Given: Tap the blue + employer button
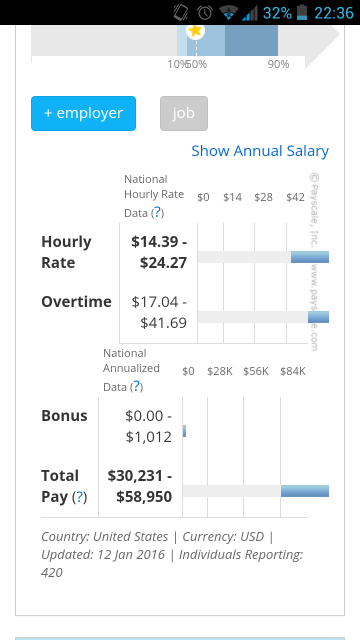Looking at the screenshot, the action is (x=83, y=113).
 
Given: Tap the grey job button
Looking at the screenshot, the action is (x=183, y=113).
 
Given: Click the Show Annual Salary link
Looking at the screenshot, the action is (x=260, y=151).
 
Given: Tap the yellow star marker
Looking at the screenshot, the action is (x=195, y=30).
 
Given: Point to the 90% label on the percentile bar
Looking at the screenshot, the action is (x=278, y=64).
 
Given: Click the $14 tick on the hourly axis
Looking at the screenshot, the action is (x=232, y=197).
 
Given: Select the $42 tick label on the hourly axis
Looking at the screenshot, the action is (x=295, y=197).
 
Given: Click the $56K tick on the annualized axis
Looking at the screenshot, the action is (x=255, y=371).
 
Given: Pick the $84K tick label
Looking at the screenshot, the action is (x=293, y=371).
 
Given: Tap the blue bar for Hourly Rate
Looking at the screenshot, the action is (x=310, y=257).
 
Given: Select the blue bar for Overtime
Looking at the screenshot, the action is (x=318, y=317).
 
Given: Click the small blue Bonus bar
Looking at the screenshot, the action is (x=184, y=431).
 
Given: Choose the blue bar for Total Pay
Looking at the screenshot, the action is (x=305, y=491).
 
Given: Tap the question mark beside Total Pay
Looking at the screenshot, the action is (x=79, y=496).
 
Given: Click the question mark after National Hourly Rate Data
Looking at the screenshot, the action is (x=157, y=212).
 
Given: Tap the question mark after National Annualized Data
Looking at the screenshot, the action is (x=136, y=386).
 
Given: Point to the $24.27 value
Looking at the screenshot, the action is (x=163, y=262).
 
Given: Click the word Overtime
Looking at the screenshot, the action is (x=76, y=301).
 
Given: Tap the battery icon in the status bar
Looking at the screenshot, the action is (x=301, y=13).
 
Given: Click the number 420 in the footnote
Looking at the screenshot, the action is (x=51, y=572).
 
